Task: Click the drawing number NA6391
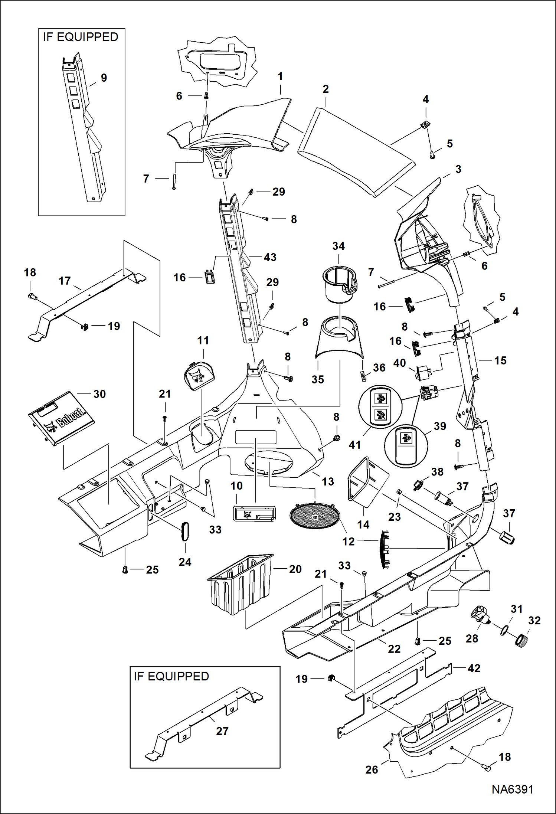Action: click(x=512, y=790)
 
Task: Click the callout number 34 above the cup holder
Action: click(x=338, y=246)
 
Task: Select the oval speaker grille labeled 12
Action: click(x=315, y=516)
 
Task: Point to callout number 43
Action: click(x=270, y=257)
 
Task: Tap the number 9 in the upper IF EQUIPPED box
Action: click(x=104, y=78)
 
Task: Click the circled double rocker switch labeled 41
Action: click(x=380, y=407)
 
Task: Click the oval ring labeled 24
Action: click(x=185, y=532)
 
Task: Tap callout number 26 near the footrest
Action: click(x=372, y=769)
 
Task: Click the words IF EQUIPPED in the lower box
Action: click(x=171, y=676)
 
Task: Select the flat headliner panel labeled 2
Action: click(x=356, y=152)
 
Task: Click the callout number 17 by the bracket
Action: click(x=65, y=281)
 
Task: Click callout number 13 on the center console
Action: click(x=328, y=481)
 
